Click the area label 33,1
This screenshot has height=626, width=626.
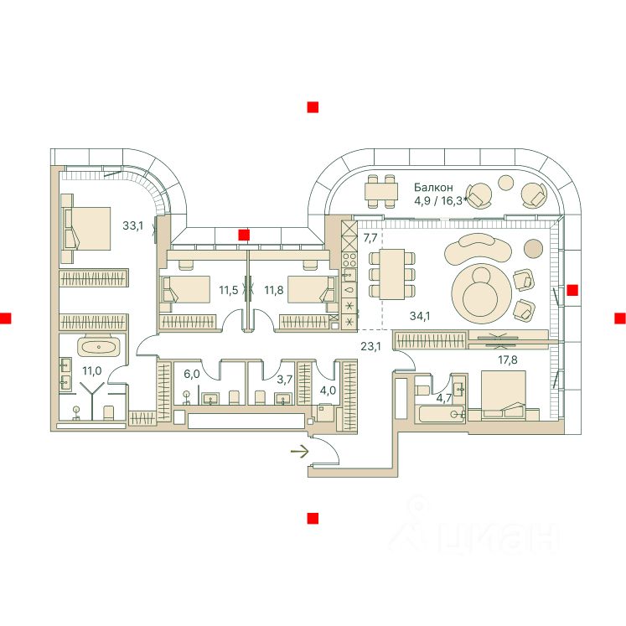tap(132, 225)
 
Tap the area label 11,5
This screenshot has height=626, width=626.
tap(229, 291)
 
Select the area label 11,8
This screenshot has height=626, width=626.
tap(273, 291)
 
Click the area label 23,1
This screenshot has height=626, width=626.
tap(370, 344)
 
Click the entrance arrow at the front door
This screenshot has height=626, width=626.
tap(299, 453)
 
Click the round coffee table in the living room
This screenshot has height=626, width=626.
tap(479, 290)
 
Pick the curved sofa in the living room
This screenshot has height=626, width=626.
tap(478, 249)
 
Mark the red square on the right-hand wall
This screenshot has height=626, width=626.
tap(572, 291)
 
